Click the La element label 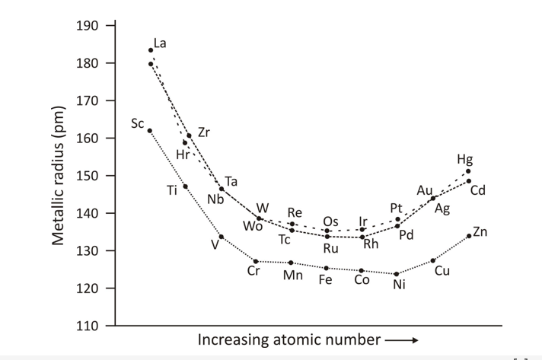[160, 43]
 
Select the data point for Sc [149, 130]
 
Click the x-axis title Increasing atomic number [287, 339]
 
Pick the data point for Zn [469, 236]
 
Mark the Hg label [464, 159]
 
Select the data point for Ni [397, 274]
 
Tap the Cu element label [442, 272]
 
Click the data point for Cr [256, 261]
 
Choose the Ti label [172, 190]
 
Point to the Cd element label [477, 190]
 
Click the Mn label [293, 276]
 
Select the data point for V [222, 237]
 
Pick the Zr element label [204, 132]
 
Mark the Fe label [325, 279]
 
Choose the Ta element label [231, 182]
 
